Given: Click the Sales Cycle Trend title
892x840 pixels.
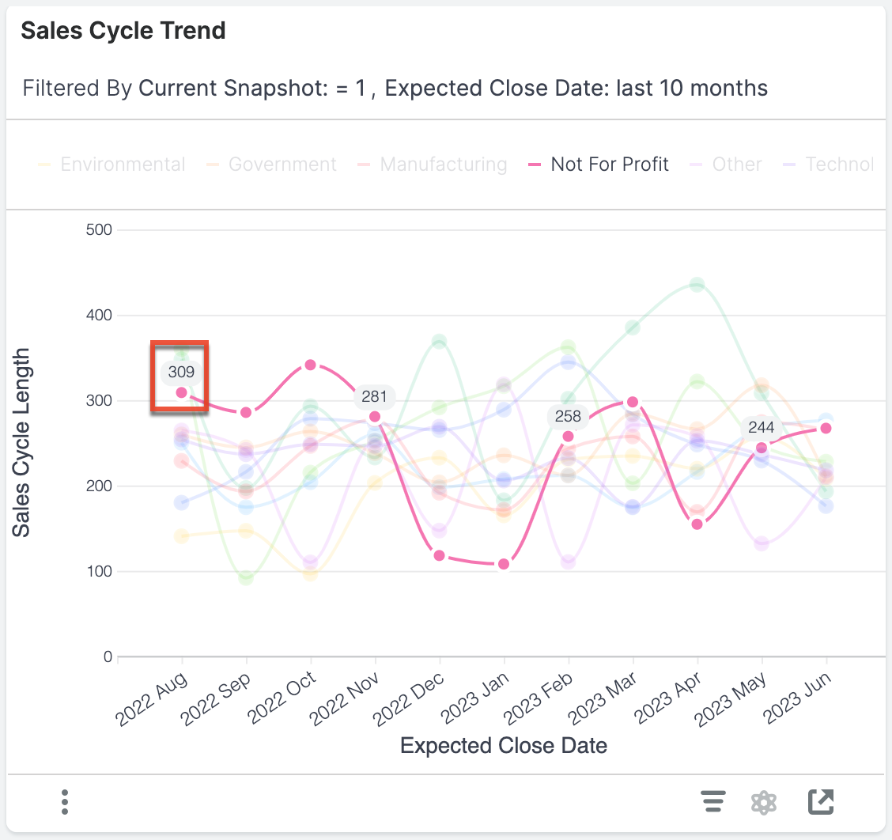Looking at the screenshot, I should (x=123, y=31).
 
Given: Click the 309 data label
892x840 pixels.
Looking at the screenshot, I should (x=181, y=371).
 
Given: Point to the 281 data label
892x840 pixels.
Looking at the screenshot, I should (x=374, y=396).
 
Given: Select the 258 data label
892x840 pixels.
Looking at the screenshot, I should (x=568, y=416).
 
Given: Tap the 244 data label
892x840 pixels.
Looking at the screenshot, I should (x=762, y=428).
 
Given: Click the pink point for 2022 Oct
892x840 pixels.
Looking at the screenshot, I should (x=311, y=365).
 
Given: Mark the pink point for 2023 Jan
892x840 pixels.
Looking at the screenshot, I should (x=504, y=564).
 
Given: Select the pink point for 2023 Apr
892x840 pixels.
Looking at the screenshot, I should (x=697, y=524).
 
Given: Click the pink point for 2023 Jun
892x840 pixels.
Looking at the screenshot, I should (x=826, y=428).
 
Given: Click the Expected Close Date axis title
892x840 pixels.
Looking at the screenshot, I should (x=504, y=745).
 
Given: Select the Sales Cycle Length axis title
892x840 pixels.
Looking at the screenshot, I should (x=22, y=443).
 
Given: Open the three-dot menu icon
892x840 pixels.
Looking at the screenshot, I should (x=65, y=802).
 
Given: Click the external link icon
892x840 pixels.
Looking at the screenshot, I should (x=821, y=802).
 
